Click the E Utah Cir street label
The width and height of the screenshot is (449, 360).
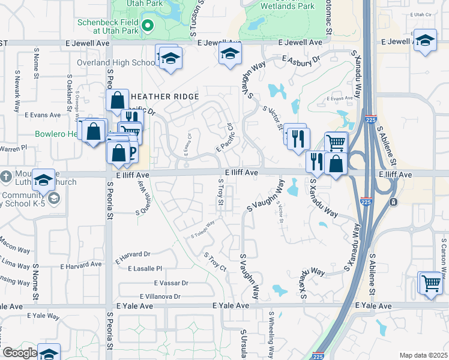click(420, 14)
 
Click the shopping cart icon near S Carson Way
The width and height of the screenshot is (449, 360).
click(430, 282)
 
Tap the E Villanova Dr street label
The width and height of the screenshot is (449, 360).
click(160, 296)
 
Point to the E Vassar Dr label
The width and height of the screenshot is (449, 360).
click(171, 283)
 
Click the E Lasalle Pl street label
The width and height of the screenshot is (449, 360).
click(139, 269)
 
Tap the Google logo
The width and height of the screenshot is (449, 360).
click(20, 353)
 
